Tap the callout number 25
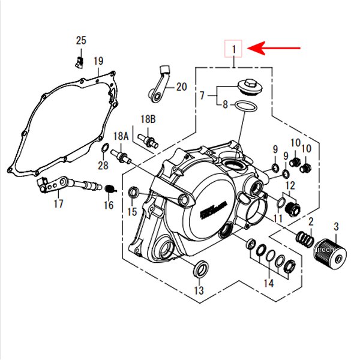click(x=81, y=41)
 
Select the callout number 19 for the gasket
click(x=98, y=61)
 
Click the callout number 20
click(x=181, y=87)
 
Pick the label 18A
click(x=121, y=136)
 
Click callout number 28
click(x=103, y=166)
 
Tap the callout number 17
click(x=58, y=204)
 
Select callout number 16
click(x=108, y=205)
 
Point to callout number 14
click(x=268, y=283)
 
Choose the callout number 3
click(x=336, y=226)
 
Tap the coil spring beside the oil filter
click(x=305, y=239)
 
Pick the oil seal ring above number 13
click(x=201, y=267)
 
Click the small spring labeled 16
click(x=109, y=189)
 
